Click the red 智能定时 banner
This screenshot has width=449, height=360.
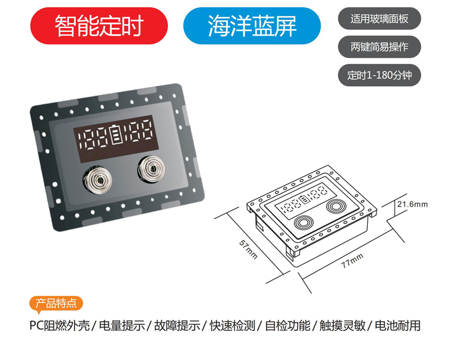point(99,26)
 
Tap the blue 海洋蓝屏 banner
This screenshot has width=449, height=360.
point(252,26)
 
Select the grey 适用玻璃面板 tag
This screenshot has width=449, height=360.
point(379,19)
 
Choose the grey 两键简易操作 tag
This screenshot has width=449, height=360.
point(379,47)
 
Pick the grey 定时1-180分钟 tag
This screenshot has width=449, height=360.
point(379,74)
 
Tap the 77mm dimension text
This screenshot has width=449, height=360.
point(352,262)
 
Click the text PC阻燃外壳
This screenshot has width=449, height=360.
point(59,326)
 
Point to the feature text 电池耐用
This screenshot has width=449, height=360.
point(398,326)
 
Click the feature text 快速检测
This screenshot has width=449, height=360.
point(232,326)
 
